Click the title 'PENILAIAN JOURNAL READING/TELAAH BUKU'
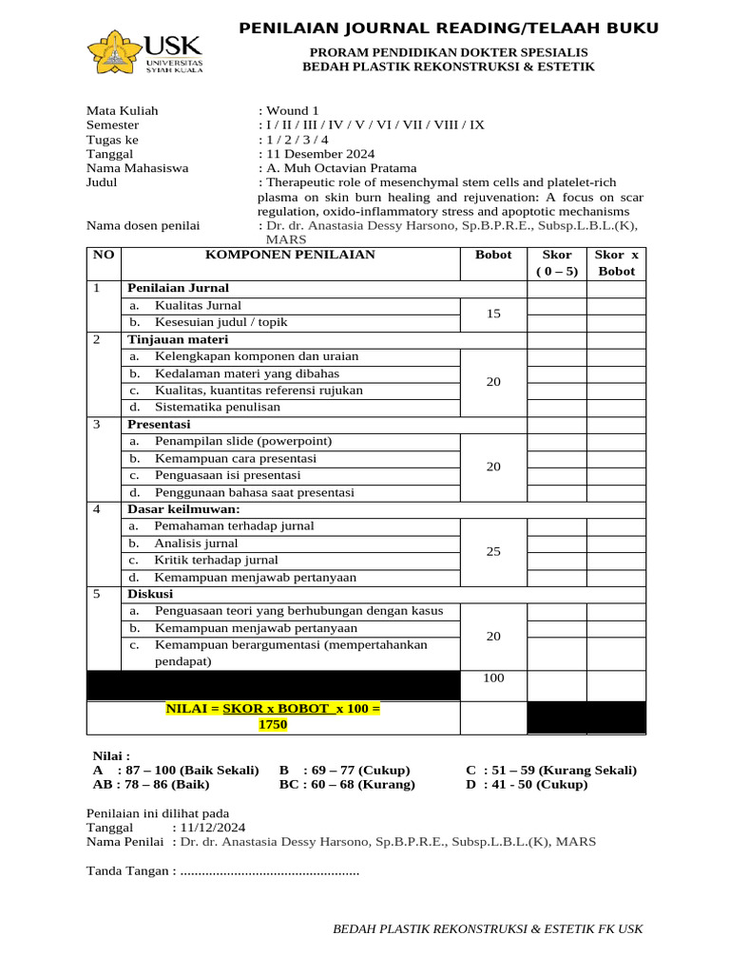[448, 29]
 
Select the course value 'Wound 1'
[292, 110]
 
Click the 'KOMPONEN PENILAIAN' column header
[291, 255]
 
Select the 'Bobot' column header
[493, 255]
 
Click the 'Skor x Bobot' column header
[616, 262]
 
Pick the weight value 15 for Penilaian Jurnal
[493, 314]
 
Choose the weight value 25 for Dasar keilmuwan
[493, 551]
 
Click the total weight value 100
[493, 677]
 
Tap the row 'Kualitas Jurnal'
[198, 305]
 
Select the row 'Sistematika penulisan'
[218, 407]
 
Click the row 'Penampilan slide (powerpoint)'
[243, 441]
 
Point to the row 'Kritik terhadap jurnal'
[216, 560]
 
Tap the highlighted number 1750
[272, 725]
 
